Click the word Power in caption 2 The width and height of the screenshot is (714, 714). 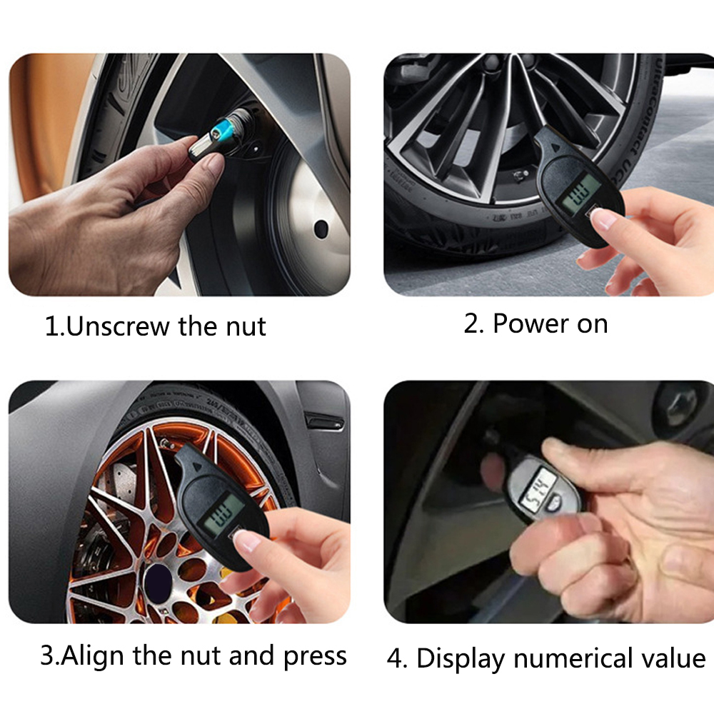click(x=526, y=323)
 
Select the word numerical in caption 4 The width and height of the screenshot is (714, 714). click(x=565, y=658)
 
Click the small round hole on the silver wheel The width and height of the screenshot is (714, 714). click(x=321, y=229)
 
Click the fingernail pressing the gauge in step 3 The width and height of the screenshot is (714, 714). click(x=248, y=542)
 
